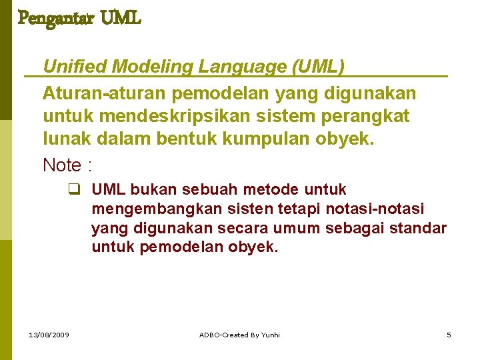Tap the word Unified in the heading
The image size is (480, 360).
[75, 67]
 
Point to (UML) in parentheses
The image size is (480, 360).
[317, 67]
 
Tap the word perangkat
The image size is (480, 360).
[370, 116]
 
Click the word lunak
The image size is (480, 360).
[64, 140]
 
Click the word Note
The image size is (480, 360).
[62, 165]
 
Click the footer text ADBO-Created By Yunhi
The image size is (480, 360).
[240, 335]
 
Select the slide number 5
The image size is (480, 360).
[449, 335]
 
